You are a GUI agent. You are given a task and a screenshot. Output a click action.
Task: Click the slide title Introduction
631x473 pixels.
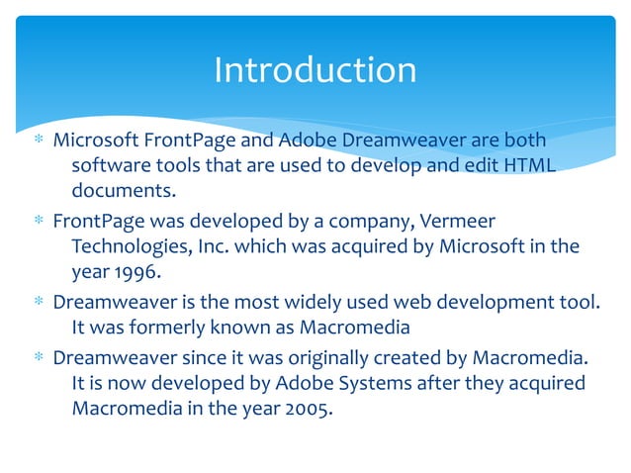coord(315,70)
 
